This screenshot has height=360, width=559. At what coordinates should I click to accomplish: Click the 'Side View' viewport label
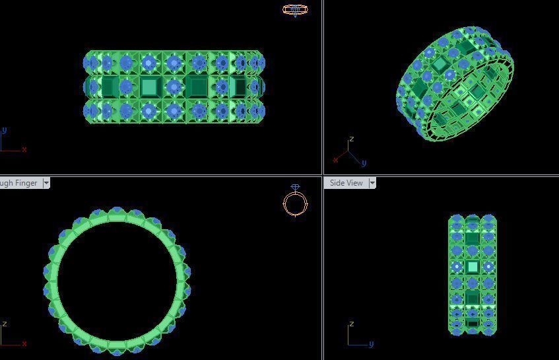point(346,183)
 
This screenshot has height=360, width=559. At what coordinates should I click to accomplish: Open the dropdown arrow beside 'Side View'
point(372,183)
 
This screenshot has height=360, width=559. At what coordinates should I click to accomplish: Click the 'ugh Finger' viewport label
point(18,183)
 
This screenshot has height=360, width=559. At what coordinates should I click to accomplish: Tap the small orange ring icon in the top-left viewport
point(295,9)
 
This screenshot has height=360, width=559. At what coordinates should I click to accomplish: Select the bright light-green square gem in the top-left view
point(149,87)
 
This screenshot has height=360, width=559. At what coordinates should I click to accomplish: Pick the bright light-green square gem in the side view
point(472,267)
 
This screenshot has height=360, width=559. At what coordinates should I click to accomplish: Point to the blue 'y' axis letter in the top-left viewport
point(5,131)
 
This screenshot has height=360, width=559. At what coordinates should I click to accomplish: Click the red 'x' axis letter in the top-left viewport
point(24,149)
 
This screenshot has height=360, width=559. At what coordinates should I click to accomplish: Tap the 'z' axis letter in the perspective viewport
point(352,139)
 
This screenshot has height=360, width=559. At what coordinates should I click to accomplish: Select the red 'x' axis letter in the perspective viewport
point(335,160)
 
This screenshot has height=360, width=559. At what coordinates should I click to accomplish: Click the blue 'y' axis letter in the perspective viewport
point(364,162)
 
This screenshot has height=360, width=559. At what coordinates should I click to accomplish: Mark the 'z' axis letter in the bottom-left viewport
point(5,324)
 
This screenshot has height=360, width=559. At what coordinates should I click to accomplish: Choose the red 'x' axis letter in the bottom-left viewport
point(24,343)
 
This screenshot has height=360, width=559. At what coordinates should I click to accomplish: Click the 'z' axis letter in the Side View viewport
point(352,324)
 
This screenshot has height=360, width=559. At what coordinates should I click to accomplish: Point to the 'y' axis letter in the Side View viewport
point(371,343)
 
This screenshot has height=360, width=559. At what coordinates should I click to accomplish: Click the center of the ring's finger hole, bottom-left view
point(117,281)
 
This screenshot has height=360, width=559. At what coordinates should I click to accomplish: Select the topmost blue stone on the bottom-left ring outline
point(117,210)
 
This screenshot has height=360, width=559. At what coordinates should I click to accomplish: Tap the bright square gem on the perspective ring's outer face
point(440,64)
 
